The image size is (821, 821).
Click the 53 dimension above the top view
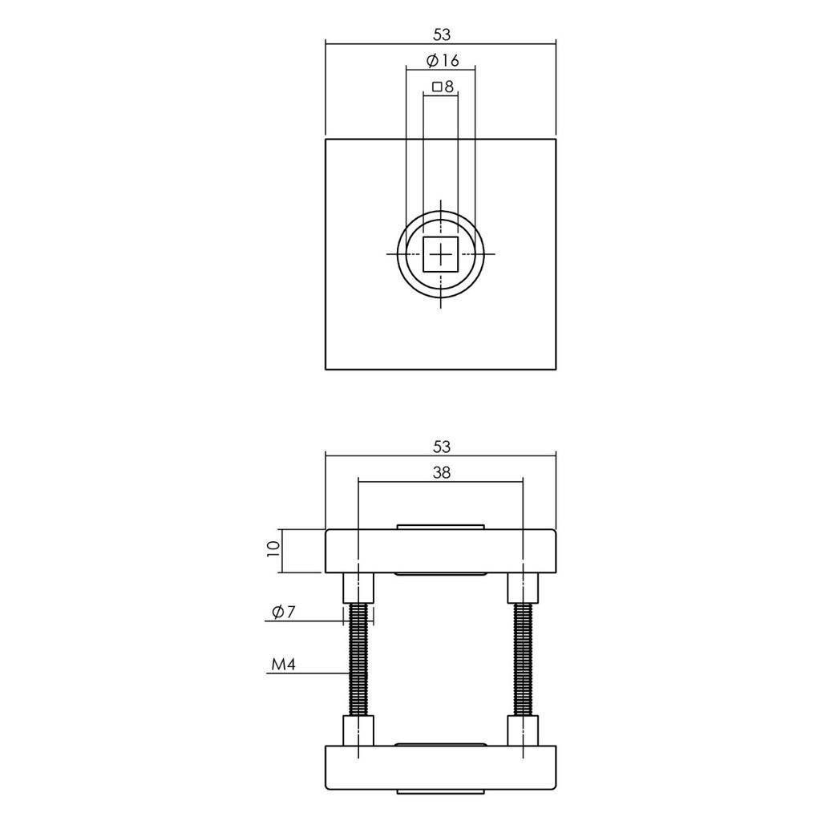(x=440, y=34)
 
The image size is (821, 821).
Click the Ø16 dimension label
(x=440, y=61)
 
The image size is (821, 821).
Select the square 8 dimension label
(x=442, y=87)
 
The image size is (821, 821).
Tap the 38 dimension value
(x=441, y=473)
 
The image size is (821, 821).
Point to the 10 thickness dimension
(x=273, y=550)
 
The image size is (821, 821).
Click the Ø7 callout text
(x=284, y=613)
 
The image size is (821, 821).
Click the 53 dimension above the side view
(x=440, y=445)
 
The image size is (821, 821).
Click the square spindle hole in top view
(x=440, y=254)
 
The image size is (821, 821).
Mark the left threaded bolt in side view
(x=358, y=659)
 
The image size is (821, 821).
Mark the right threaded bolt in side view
(x=523, y=659)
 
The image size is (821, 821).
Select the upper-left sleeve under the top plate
(x=358, y=588)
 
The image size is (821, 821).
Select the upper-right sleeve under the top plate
(x=523, y=588)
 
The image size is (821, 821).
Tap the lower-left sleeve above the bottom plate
(x=358, y=731)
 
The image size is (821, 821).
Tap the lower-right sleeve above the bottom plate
(x=523, y=731)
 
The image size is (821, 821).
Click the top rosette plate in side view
(x=440, y=551)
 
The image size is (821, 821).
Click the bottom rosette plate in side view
(x=440, y=766)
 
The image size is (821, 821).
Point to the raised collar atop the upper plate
(x=440, y=526)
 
